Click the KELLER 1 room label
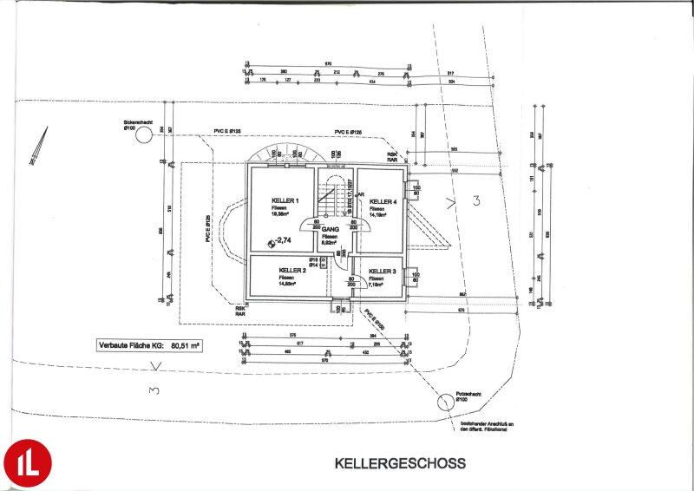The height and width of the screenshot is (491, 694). point(285,200)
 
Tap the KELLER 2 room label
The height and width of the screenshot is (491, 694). point(291,270)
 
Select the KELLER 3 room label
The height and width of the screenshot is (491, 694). point(382,271)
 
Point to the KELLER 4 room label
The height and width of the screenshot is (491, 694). point(383,201)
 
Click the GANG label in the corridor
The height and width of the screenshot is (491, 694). point(329,229)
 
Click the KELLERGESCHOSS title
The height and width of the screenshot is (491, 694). point(400,463)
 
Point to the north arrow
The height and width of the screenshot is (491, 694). point(38,145)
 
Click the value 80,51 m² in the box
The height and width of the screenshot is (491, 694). point(185,345)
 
